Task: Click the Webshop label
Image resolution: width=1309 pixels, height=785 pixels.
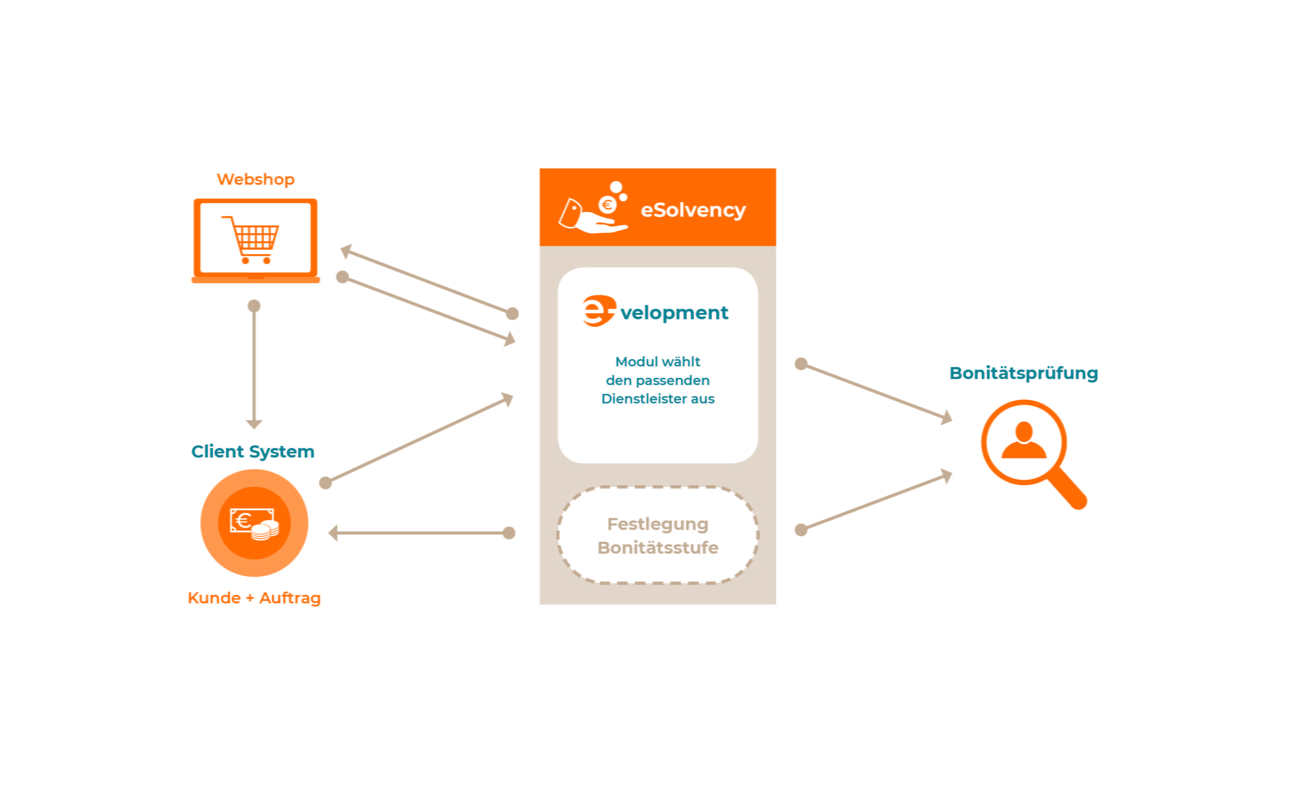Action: tap(256, 179)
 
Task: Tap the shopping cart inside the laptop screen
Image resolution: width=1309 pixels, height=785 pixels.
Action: tap(253, 240)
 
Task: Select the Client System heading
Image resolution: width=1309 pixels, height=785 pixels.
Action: tap(253, 451)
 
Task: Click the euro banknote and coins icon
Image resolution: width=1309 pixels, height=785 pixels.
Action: tap(254, 523)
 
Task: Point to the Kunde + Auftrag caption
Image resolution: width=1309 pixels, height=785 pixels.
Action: tap(254, 598)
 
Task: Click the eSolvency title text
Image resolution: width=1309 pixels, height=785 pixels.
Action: tap(693, 210)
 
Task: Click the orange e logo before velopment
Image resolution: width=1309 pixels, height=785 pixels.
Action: tap(598, 311)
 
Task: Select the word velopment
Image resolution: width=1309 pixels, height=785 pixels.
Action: tap(674, 313)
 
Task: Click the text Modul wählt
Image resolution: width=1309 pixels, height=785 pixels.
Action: tap(658, 362)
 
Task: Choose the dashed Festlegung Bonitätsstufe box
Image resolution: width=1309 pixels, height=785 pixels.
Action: tap(658, 535)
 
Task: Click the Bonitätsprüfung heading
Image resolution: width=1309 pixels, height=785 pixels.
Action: tap(1023, 373)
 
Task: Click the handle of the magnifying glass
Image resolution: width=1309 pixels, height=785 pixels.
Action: tap(1068, 490)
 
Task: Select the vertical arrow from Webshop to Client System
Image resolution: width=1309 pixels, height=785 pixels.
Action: tap(254, 365)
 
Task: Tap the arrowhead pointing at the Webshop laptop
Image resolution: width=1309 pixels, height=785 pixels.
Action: tap(347, 251)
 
